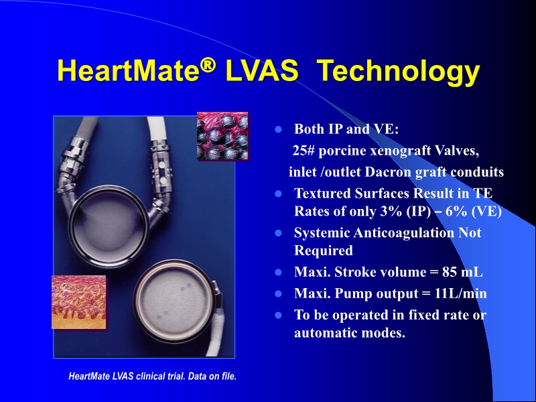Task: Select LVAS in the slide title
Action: coord(260,72)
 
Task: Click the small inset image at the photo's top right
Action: coord(222,136)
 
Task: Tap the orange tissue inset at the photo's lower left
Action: coord(78,302)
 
